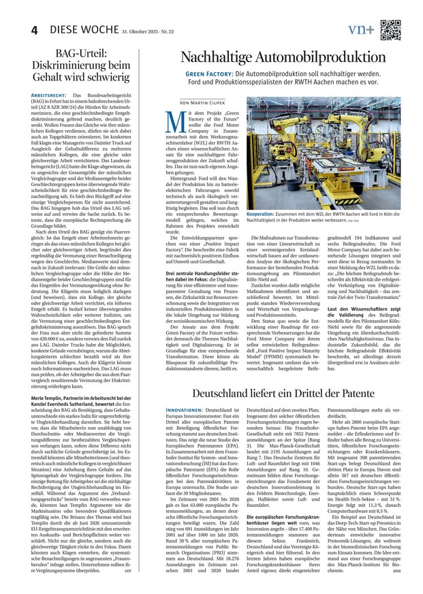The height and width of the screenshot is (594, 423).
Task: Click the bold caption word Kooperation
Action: click(261, 214)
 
